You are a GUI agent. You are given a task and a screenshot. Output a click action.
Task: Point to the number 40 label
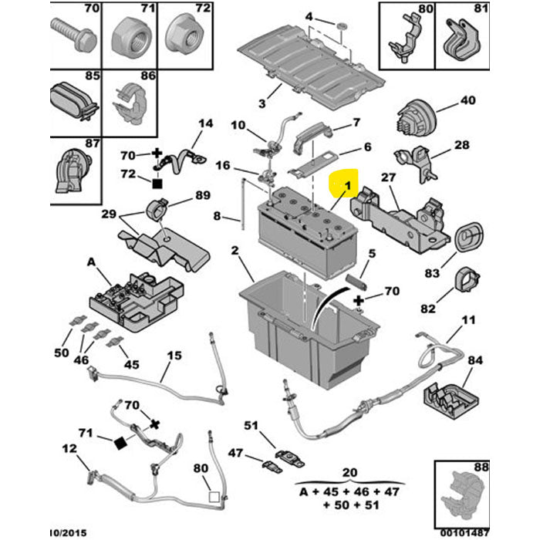468,100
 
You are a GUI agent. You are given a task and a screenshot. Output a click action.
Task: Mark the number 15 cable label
174,356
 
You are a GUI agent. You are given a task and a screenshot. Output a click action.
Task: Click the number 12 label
69,448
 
